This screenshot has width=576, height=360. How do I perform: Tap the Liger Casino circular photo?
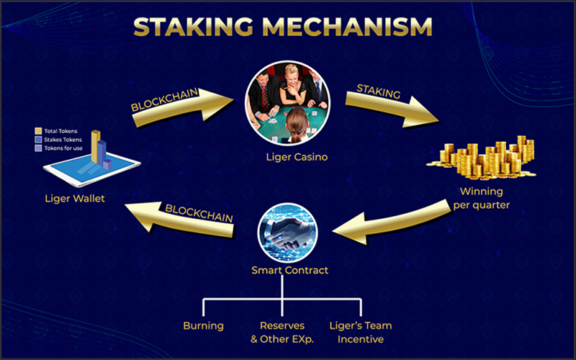pos(287,102)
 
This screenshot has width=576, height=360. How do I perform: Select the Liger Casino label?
pos(287,156)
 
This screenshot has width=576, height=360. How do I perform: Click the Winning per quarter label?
pos(481,198)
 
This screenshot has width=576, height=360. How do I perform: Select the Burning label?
pos(203,325)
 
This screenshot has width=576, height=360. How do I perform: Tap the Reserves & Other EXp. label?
pos(282,332)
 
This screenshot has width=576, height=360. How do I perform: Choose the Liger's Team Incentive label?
pos(360,332)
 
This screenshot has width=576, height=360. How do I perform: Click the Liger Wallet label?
pos(74,198)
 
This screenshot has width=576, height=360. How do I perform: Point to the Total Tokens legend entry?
pos(61,130)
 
